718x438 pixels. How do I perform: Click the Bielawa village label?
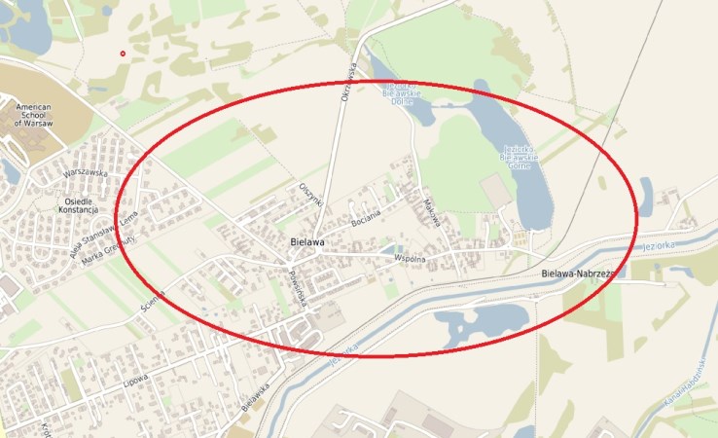point(307,240)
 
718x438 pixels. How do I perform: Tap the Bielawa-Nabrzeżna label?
point(580,275)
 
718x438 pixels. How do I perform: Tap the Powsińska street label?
point(298,287)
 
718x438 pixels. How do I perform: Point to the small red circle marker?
point(123,54)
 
